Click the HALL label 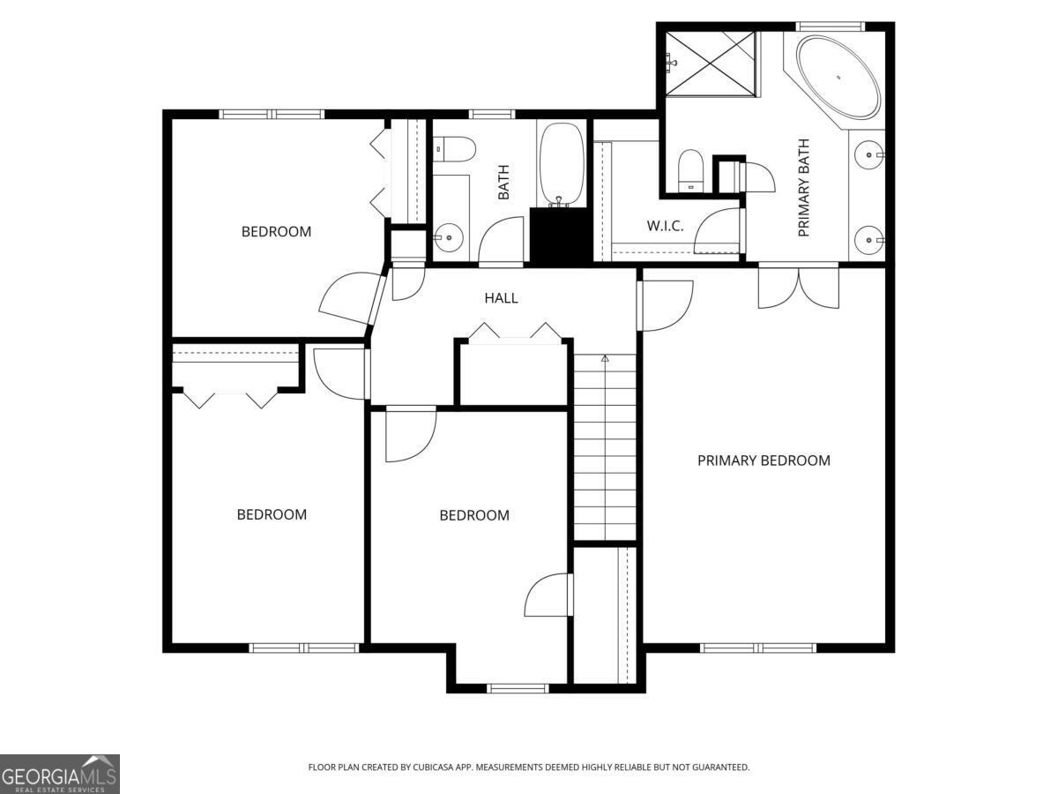501,298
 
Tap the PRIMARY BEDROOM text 764,461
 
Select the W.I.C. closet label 665,226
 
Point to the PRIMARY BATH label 803,187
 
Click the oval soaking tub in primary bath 838,77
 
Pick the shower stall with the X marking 711,63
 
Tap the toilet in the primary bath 690,169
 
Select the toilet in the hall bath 455,148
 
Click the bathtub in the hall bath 561,164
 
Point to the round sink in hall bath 449,236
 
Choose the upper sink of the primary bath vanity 869,154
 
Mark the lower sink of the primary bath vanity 869,238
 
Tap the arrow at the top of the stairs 605,359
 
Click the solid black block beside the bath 561,236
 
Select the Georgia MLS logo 59,774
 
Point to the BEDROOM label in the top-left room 276,232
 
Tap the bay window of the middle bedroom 518,687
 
